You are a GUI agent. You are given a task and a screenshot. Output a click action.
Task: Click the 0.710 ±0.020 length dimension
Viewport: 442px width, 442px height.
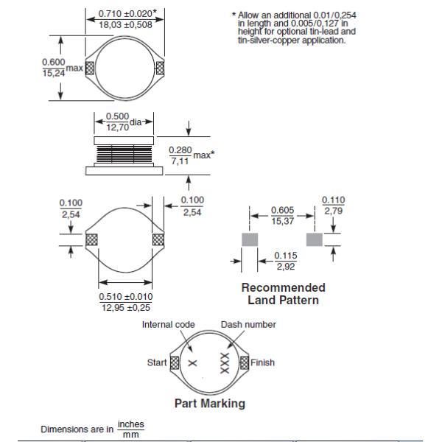tap(126, 13)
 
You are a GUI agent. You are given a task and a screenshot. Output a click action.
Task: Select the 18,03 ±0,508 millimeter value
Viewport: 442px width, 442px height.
tap(126, 24)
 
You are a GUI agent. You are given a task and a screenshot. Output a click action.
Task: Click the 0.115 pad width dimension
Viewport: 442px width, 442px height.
tap(285, 256)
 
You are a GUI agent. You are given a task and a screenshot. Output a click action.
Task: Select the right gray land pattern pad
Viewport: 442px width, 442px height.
tap(315, 239)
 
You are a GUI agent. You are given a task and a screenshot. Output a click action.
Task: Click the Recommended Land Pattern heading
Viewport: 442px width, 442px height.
tap(283, 294)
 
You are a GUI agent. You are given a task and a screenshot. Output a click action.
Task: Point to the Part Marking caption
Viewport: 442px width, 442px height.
tap(209, 404)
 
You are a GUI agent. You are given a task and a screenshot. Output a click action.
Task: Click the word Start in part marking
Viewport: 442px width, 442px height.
tap(157, 362)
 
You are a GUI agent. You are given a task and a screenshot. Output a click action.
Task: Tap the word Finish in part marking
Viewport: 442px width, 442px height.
tap(263, 362)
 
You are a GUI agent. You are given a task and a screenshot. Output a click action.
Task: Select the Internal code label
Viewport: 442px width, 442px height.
tap(168, 324)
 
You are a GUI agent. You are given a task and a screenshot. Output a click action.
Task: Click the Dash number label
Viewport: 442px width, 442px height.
tap(248, 324)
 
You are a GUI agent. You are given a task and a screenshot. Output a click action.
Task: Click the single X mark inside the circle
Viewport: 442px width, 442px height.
tap(193, 363)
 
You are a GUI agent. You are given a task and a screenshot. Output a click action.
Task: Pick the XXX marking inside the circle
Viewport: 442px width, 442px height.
tap(225, 362)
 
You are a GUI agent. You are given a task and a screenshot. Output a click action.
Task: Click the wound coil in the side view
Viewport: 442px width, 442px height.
tap(123, 153)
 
